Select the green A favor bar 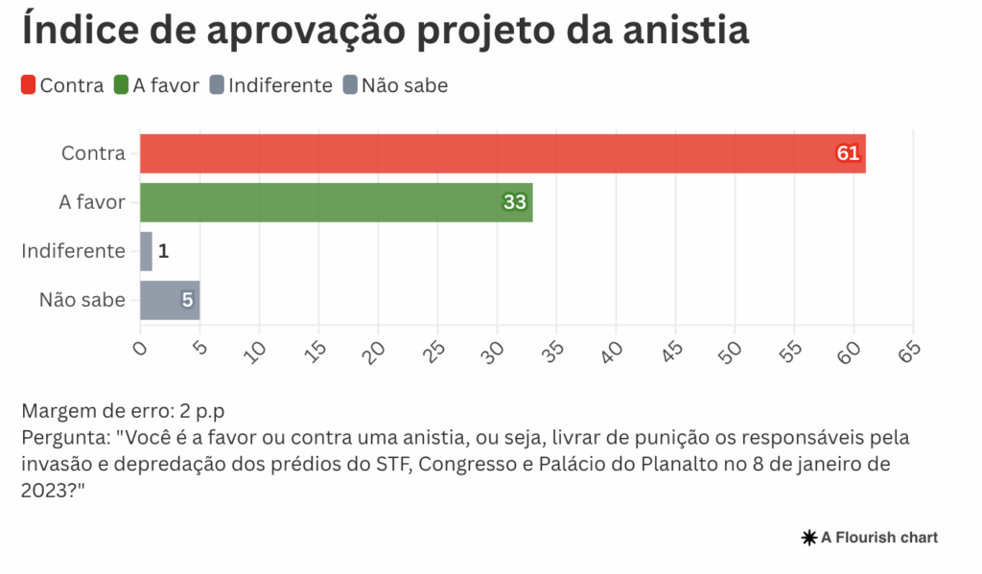(336, 202)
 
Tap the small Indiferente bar (146, 251)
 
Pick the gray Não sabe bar (169, 300)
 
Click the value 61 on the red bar (848, 153)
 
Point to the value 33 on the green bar (515, 202)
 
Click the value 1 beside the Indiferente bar (163, 251)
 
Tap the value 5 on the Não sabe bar (187, 300)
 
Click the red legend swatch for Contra (29, 85)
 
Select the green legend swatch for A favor (121, 85)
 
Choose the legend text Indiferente (280, 85)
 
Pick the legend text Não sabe (404, 85)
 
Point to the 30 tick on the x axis (495, 354)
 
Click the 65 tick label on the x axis (909, 352)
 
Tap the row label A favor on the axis (92, 202)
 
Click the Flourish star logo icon (808, 538)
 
